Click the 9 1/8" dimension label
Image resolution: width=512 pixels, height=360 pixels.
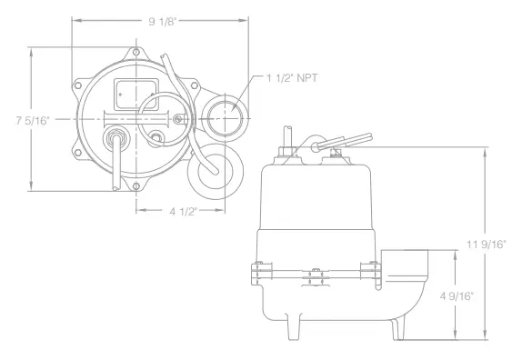(162, 22)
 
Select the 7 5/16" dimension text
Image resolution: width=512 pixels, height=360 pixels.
(33, 121)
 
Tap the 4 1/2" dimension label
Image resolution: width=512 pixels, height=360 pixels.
(183, 212)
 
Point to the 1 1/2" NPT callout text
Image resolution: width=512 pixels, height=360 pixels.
(292, 78)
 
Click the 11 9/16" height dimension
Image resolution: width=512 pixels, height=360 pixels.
(487, 245)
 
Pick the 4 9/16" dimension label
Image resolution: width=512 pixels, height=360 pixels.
(457, 296)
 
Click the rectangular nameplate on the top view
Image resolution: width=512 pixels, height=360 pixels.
(136, 95)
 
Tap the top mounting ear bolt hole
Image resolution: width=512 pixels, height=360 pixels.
(136, 52)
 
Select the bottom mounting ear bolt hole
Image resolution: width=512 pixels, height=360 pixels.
(136, 186)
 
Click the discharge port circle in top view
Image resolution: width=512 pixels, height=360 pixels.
(225, 118)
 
